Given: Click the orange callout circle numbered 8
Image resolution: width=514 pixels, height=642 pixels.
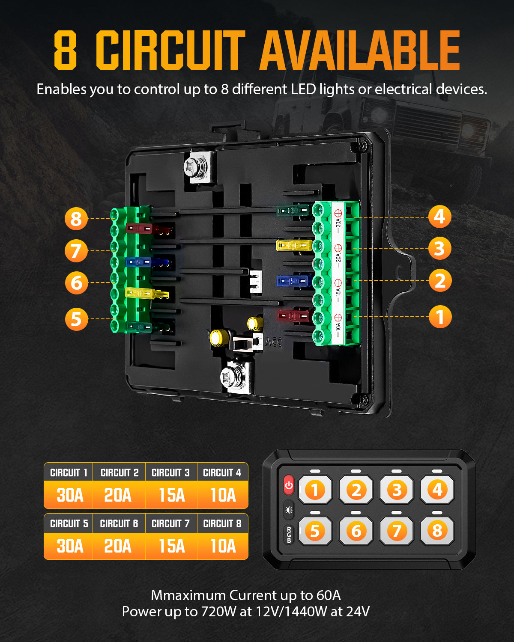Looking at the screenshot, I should tap(76, 219).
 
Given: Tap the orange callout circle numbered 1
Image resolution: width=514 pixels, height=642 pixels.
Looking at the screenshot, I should tap(440, 317).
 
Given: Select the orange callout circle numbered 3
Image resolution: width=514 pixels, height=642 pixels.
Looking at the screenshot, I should tap(439, 248).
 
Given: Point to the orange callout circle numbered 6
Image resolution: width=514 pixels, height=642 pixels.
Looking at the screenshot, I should tap(76, 283).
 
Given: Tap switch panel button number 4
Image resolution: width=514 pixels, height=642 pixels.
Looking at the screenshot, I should tap(437, 490).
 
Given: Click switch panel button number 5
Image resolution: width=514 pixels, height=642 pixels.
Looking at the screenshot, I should tap(315, 531).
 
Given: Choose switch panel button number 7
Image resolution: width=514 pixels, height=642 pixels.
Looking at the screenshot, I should tap(397, 531).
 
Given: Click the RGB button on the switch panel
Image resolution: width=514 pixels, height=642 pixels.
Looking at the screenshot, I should tap(289, 535).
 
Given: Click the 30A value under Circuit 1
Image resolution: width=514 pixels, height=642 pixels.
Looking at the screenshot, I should tap(70, 495).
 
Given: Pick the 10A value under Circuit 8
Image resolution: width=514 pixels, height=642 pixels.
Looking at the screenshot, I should tap(223, 546).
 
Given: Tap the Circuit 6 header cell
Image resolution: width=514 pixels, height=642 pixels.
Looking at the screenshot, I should tap(119, 523).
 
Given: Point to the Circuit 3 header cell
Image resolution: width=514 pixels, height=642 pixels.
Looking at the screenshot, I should tap(170, 473).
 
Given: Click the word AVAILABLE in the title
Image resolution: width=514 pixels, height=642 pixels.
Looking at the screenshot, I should tap(360, 51).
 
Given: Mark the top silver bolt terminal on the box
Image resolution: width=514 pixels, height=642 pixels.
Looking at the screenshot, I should tap(198, 167).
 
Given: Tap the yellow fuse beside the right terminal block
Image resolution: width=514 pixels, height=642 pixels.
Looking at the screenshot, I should tap(294, 246).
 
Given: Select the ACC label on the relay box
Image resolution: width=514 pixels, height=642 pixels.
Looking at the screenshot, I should tap(274, 342).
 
